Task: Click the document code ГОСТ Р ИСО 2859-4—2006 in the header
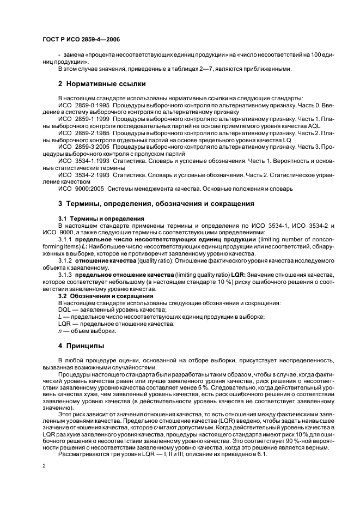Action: (82, 40)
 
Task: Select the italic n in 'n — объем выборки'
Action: (59, 331)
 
